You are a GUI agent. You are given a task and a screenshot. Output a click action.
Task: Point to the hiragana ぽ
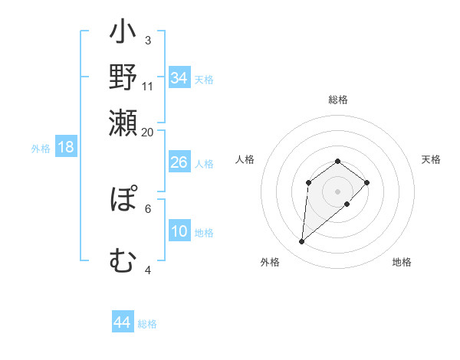pos(123,201)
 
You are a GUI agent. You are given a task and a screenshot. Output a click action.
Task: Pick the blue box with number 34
pos(179,78)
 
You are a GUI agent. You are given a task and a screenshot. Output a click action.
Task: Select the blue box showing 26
pos(179,162)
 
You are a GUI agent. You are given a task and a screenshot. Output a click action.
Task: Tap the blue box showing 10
pos(179,231)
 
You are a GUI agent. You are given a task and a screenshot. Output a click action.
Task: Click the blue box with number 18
pos(66,147)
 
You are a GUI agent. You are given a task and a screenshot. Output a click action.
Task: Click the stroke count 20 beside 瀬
pos(148,132)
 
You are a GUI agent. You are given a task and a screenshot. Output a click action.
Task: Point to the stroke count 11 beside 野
pos(148,86)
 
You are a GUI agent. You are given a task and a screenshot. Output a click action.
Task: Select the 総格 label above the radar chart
pos(338,100)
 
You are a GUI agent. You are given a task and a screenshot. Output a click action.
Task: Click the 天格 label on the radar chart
pos(432,159)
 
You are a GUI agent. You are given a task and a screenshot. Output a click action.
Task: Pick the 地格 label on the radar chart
pos(402,262)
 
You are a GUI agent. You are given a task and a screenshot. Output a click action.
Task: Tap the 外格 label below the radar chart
pos(270,262)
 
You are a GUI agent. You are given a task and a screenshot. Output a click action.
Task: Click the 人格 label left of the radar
pos(245,159)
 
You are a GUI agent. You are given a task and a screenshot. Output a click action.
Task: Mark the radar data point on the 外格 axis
pos(302,242)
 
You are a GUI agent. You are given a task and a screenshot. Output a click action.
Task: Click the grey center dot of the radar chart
pos(338,191)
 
